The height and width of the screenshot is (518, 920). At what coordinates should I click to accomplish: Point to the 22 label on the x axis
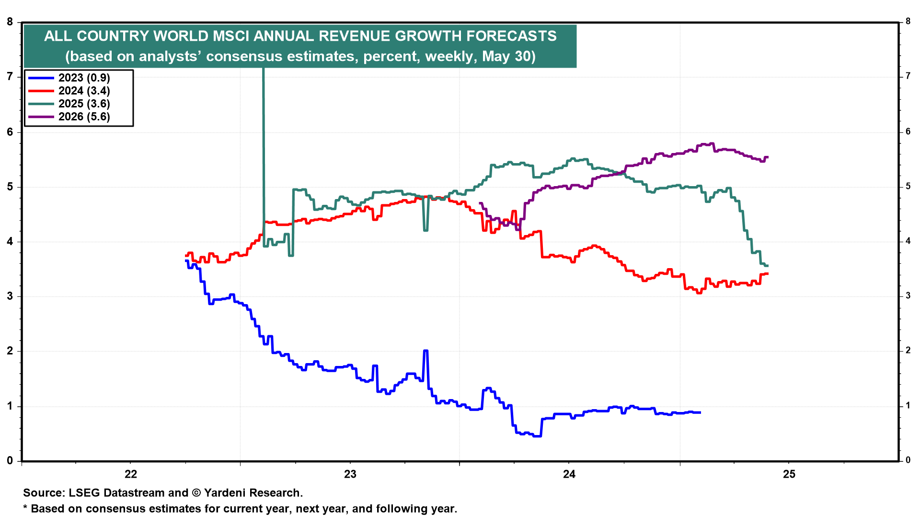tap(130, 474)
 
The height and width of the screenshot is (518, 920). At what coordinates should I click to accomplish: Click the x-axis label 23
tap(350, 474)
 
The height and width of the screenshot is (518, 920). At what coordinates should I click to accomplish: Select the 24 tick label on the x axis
tap(569, 474)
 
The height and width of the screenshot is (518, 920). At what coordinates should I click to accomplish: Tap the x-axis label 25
tap(789, 474)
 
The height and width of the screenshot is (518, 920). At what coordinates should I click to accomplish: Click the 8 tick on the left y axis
tap(10, 22)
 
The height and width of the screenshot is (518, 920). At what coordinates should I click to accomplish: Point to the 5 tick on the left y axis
tap(10, 187)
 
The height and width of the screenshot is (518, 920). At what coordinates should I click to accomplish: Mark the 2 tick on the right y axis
tap(908, 351)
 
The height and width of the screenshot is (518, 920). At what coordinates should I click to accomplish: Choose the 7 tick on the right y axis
tap(908, 76)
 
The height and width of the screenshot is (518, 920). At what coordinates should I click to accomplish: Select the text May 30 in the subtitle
tap(507, 56)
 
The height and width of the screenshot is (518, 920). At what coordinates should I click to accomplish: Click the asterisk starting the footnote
tap(25, 508)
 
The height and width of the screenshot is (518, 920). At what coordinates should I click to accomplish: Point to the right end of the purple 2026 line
tap(768, 157)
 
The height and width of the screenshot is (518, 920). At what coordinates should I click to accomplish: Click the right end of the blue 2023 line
tap(700, 412)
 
